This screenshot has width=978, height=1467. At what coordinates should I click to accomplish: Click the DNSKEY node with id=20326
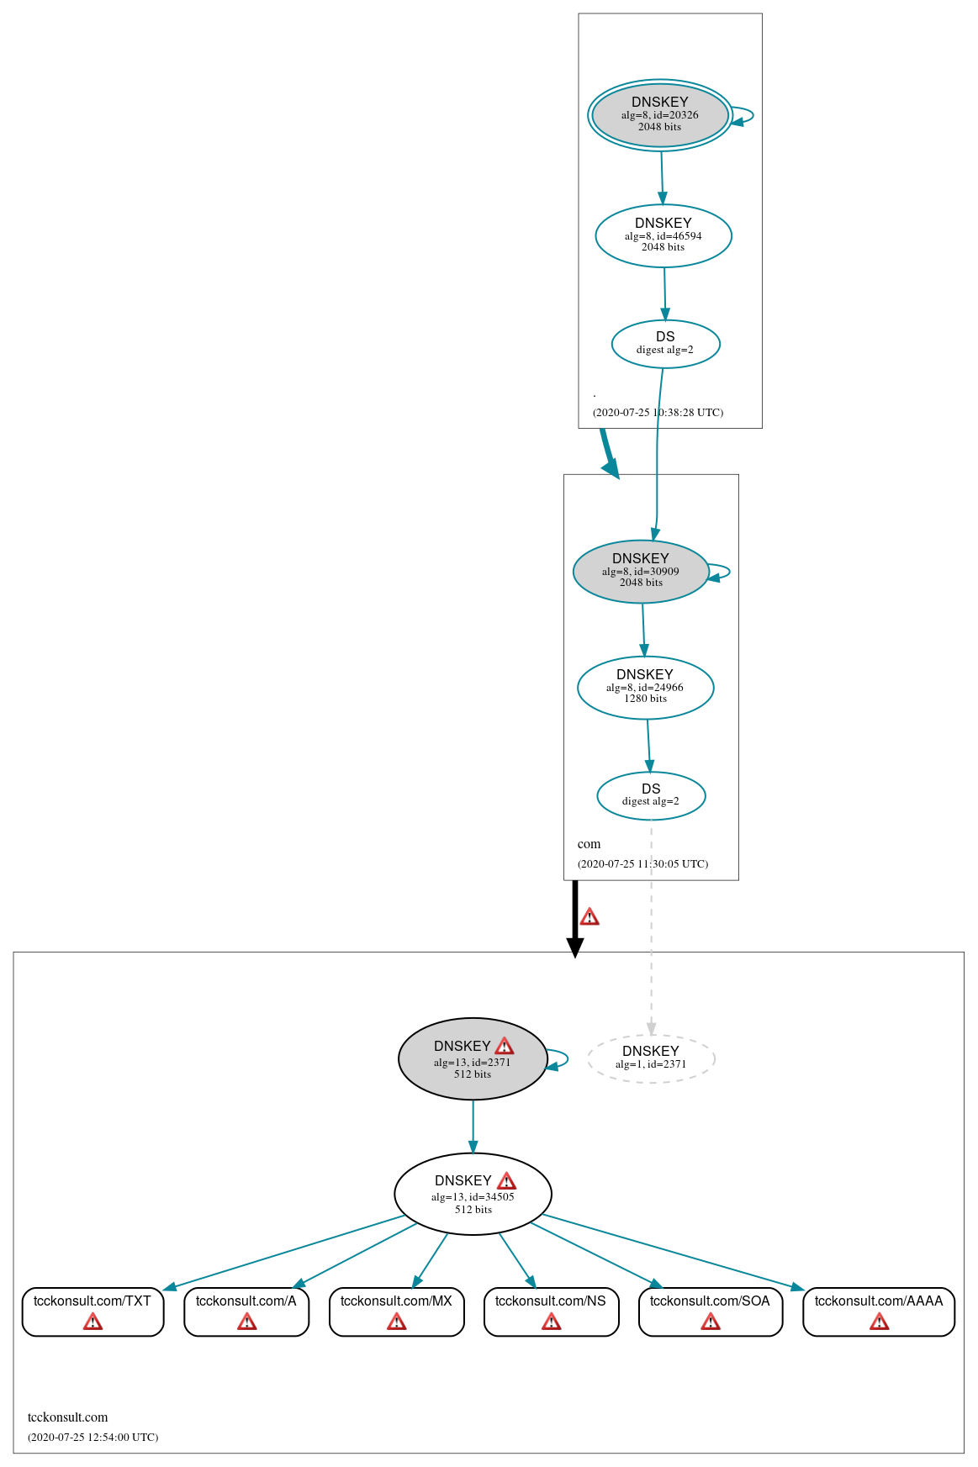[659, 115]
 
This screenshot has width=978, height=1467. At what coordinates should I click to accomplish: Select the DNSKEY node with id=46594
[663, 235]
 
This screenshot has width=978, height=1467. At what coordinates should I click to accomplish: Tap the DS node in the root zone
[665, 344]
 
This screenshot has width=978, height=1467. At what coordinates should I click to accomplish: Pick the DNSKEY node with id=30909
[641, 571]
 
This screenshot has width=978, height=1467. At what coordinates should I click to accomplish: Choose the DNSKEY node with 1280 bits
[645, 687]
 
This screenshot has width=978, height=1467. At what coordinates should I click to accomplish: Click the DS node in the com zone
[651, 795]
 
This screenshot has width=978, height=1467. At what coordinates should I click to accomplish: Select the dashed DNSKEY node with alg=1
[651, 1058]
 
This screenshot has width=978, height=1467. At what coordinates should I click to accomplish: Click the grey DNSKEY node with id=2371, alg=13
[472, 1059]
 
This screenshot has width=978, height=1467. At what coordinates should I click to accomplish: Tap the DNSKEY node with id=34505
[473, 1194]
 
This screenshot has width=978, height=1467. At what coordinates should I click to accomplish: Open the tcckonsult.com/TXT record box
[93, 1311]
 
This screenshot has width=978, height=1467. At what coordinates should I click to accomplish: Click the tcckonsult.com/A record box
[246, 1311]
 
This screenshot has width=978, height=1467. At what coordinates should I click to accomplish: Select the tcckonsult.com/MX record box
[396, 1311]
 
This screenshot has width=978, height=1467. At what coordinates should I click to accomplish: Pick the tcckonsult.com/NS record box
[551, 1311]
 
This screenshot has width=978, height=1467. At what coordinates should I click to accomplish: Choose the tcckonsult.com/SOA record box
[710, 1311]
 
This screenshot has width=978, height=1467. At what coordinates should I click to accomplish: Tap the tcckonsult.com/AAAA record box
[879, 1311]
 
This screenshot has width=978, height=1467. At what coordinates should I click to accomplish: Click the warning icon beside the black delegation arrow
[589, 916]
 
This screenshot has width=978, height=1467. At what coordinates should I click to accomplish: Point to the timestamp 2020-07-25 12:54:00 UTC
[93, 1437]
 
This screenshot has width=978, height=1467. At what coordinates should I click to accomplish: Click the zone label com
[589, 844]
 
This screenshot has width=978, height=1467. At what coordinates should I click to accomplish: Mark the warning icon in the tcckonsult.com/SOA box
[711, 1322]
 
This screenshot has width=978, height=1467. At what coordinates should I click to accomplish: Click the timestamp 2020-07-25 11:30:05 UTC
[642, 863]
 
